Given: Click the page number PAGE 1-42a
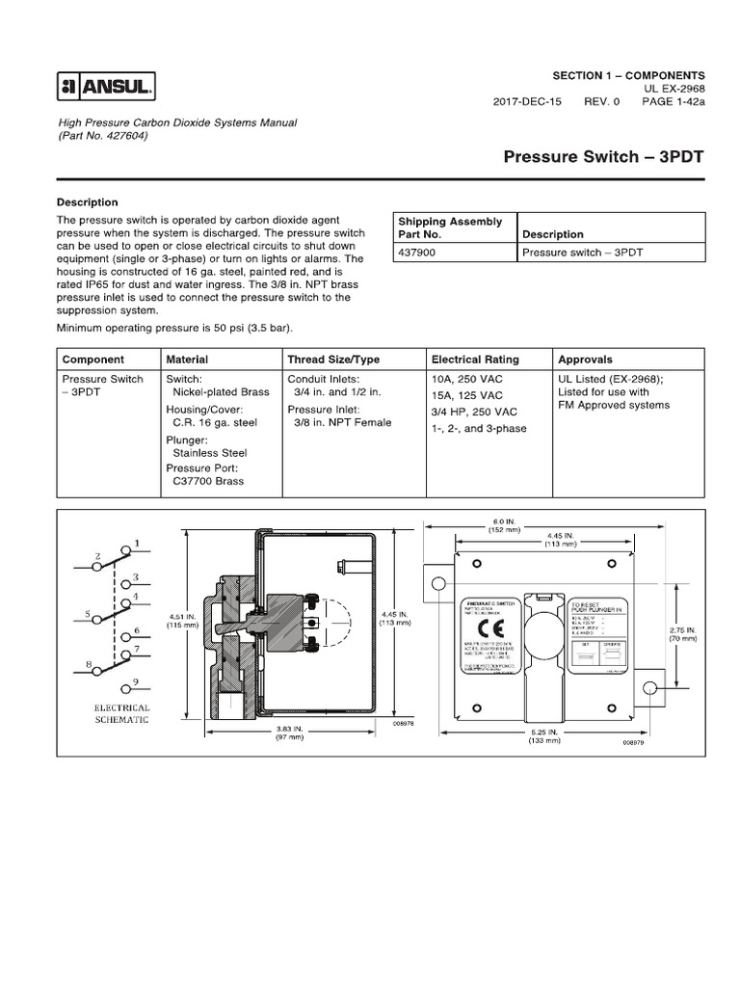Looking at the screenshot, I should [674, 101].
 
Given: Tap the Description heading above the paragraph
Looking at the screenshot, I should [88, 202].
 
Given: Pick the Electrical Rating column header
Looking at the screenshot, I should [475, 360].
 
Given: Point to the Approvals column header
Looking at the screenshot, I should [586, 360].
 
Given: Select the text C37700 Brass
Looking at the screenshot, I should [207, 481].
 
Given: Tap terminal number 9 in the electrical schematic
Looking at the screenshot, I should [137, 683].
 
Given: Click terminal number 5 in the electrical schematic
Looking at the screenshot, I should [87, 613].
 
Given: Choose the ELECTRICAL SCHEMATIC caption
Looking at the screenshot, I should [122, 714].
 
